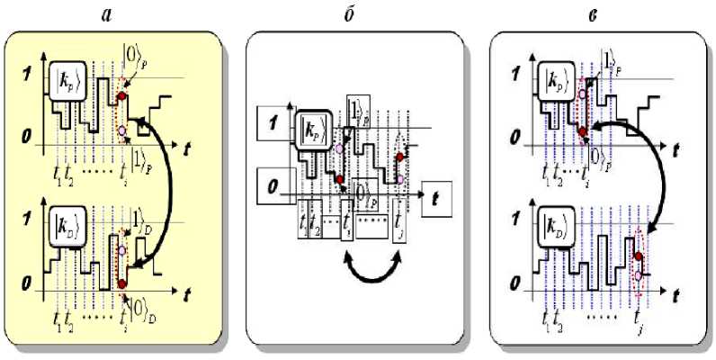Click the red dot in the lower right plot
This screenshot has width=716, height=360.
coord(638,256)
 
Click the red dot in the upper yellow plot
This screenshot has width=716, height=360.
coord(122,94)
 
